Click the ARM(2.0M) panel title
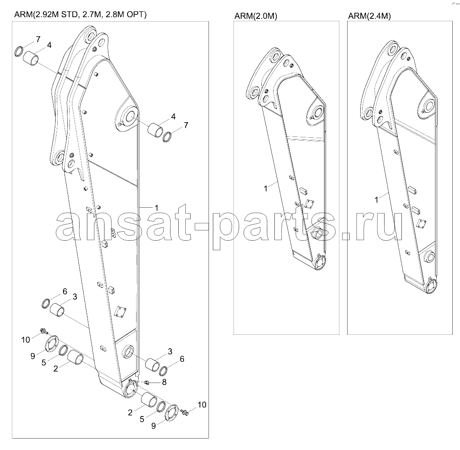[256, 16]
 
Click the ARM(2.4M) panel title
[369, 16]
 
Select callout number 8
[164, 382]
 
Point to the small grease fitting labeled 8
[147, 382]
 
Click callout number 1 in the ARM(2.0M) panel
[266, 188]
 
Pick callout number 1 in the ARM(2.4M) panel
[377, 199]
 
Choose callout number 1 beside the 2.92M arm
[157, 208]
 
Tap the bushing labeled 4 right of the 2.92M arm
[155, 130]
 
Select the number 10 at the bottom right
[202, 405]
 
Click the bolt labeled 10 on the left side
[44, 331]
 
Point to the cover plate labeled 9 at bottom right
[172, 413]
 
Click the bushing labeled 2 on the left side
[75, 358]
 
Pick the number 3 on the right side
[170, 351]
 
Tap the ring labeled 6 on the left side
[47, 303]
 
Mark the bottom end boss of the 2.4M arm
[431, 287]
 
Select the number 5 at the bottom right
[142, 419]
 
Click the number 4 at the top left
[49, 45]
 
